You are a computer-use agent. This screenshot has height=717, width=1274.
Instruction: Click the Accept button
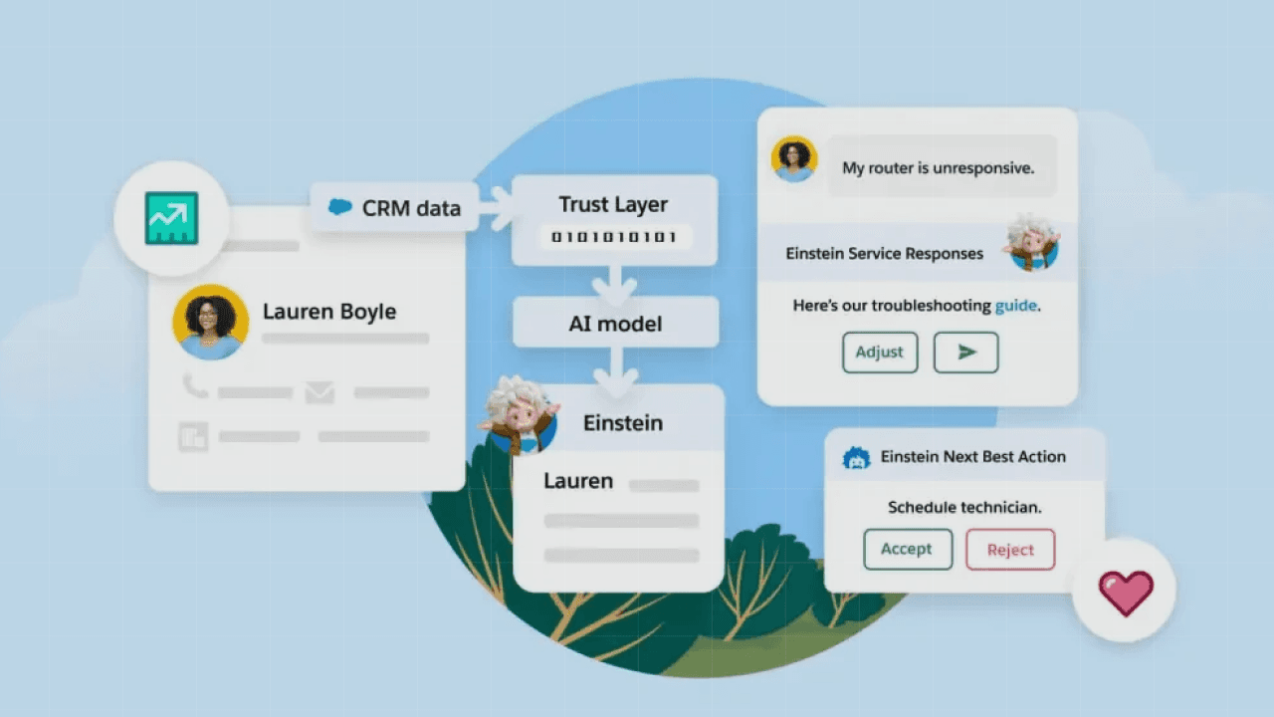point(907,549)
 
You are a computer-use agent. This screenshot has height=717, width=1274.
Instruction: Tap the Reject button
point(1010,550)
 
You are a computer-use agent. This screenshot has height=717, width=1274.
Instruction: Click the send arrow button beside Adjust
point(965,353)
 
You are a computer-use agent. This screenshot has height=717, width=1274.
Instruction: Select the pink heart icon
point(1126,593)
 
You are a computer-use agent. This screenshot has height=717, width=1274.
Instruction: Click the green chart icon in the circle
point(171,218)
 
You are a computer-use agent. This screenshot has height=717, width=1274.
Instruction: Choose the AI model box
point(615,324)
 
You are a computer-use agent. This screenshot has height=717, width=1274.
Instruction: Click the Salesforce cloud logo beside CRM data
point(340,207)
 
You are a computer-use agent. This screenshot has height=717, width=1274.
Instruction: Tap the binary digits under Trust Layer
point(614,238)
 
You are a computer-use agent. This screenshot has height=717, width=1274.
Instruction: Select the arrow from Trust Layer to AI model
point(614,284)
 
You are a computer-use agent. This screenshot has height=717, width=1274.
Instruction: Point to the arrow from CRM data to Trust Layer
point(495,207)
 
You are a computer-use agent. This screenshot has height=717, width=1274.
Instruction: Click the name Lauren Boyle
point(329,312)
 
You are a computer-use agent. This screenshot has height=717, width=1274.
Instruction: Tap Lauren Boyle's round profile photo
point(210,322)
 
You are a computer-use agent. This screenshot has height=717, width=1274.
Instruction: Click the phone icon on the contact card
point(194,387)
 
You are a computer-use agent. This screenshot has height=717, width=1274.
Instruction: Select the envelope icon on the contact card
point(319,392)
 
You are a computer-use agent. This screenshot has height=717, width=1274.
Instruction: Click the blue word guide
point(1015,306)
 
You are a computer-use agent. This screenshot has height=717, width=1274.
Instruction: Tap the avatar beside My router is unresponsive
point(794,159)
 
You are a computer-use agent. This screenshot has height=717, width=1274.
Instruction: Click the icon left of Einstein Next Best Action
point(856,457)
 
